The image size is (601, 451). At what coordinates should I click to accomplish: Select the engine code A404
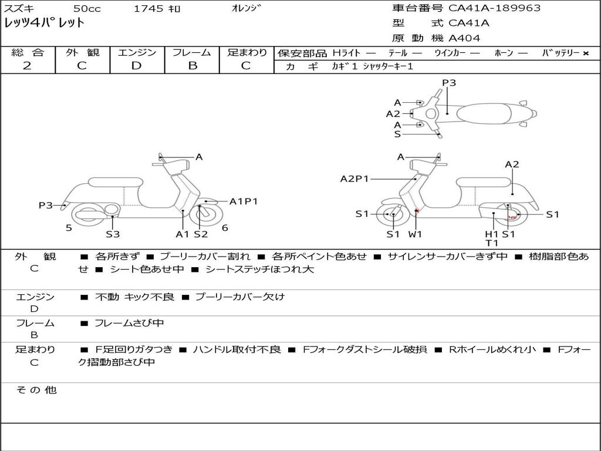(x=464, y=38)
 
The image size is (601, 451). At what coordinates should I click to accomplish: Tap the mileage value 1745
(x=149, y=9)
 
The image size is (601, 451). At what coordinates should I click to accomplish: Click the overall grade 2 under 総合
(x=27, y=66)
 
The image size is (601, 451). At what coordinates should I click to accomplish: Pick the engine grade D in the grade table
(x=136, y=66)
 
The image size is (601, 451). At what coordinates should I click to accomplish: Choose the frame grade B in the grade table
(x=192, y=66)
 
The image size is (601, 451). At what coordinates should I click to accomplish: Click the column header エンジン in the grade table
(x=137, y=52)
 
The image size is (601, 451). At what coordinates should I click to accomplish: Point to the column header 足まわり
(x=247, y=52)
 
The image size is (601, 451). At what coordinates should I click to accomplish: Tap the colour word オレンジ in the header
(x=247, y=8)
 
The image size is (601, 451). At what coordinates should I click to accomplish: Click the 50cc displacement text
(x=86, y=9)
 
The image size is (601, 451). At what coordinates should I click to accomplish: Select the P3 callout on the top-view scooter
(x=449, y=83)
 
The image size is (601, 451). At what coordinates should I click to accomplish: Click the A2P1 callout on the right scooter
(x=354, y=179)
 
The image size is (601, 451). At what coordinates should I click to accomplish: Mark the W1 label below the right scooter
(x=416, y=234)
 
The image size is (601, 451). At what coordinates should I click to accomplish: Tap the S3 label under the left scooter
(x=113, y=234)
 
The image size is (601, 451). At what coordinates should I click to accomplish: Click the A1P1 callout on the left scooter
(x=243, y=201)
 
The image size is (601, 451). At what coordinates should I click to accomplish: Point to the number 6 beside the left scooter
(x=225, y=228)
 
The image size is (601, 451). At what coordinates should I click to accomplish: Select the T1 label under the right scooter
(x=492, y=243)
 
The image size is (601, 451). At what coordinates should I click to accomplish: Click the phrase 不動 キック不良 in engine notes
(x=134, y=297)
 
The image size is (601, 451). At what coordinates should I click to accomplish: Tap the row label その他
(x=36, y=390)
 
